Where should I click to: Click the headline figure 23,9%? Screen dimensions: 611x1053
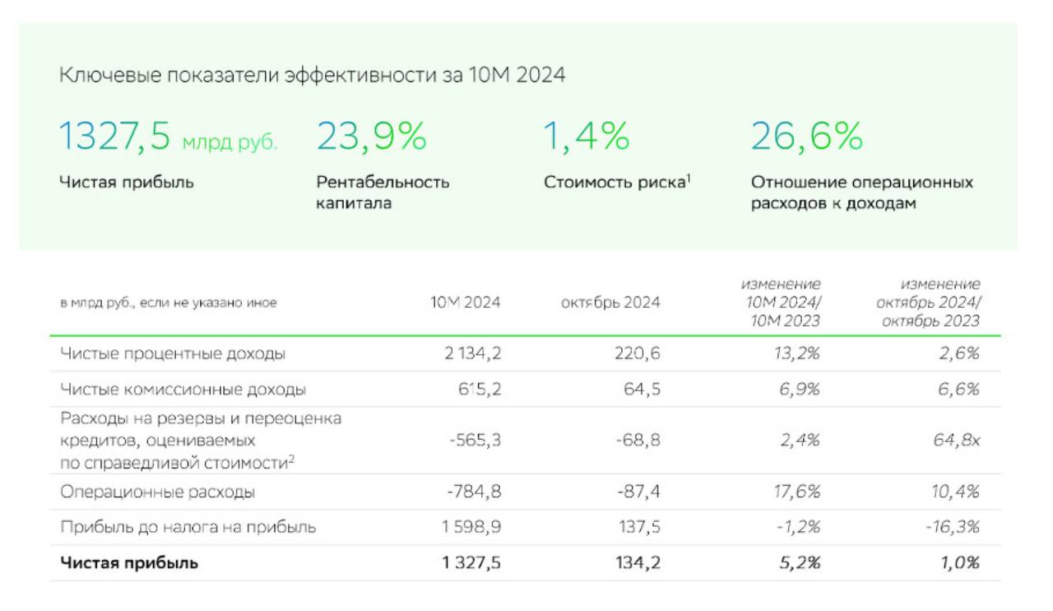[372, 137]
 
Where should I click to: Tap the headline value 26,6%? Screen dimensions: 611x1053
[806, 137]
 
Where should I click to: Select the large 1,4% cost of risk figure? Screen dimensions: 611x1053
[586, 137]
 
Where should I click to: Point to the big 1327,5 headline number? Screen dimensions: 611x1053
[114, 137]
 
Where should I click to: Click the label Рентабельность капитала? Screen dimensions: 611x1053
[383, 192]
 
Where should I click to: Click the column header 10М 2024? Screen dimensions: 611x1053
[466, 303]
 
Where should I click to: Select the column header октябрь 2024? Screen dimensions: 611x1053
[610, 303]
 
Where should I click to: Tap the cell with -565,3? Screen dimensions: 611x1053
[475, 441]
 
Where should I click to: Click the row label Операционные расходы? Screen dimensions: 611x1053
[157, 492]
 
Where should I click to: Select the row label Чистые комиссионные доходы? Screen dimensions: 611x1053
[183, 389]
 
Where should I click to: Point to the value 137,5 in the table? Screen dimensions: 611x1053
[639, 527]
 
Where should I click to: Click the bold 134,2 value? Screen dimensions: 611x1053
[638, 563]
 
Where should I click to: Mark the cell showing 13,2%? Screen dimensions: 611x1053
[797, 354]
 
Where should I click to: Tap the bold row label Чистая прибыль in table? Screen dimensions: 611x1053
[129, 563]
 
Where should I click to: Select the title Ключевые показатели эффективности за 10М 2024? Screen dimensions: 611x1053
[312, 75]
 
